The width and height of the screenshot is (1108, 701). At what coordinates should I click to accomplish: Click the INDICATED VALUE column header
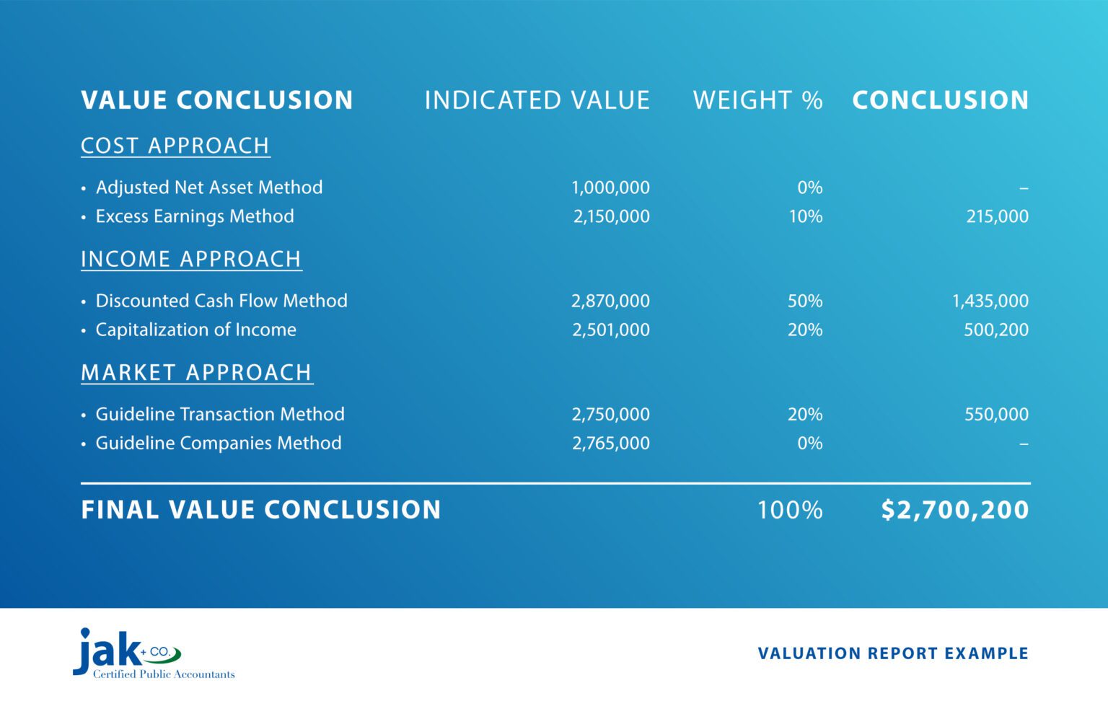pos(537,100)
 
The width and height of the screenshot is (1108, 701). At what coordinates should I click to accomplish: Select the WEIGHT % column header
pos(757,100)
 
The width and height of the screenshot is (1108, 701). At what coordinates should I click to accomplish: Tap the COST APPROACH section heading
pos(175,146)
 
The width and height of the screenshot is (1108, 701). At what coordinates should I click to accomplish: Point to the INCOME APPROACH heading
pos(191,259)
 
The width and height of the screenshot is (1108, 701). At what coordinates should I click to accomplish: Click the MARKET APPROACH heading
pos(196,372)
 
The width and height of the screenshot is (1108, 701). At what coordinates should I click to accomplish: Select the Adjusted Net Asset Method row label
pos(209,188)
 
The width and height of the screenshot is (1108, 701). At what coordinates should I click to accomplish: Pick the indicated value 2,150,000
pos(611,216)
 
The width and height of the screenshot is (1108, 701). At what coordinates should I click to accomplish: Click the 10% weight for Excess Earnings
pos(805,216)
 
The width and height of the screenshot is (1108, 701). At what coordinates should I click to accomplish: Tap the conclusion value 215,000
pos(997,216)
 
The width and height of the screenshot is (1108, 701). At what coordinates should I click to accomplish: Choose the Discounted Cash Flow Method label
pos(221,301)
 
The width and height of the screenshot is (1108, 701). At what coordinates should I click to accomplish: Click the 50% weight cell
pos(805,301)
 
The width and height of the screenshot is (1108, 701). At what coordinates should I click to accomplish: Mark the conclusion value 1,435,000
pos(990,301)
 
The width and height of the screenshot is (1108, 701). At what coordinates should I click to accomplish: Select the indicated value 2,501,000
pos(611,330)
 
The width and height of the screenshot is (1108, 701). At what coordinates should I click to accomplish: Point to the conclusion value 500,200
pos(996,330)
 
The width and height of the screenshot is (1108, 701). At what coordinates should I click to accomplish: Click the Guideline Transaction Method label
pos(220,414)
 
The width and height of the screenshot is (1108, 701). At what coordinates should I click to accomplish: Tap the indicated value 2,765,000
pos(611,443)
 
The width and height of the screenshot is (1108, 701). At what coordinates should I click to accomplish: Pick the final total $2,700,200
pos(954,510)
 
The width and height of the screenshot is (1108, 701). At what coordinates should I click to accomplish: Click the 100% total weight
pos(789,510)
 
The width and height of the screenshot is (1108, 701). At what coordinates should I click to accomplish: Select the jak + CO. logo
pos(137,653)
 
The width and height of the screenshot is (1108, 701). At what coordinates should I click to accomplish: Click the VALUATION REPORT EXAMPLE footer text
pos(893,653)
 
